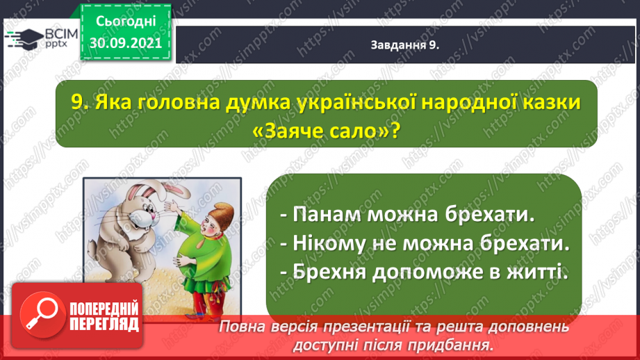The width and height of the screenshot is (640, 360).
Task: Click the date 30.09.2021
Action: (126, 43)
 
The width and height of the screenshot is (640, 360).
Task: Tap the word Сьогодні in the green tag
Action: (126, 22)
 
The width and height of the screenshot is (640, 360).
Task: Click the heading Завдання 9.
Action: (405, 45)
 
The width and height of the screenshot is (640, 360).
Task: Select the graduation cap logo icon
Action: (24, 39)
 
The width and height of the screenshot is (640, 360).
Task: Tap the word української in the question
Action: (357, 102)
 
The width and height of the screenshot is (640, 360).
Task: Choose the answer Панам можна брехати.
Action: (407, 215)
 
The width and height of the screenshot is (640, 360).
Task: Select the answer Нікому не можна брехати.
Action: (425, 244)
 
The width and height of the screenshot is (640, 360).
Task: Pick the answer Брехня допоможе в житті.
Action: (425, 272)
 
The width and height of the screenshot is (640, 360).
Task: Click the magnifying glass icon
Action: (42, 315)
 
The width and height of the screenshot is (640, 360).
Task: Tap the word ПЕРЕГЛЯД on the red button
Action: (104, 324)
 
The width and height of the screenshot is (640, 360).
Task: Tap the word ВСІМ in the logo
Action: (61, 34)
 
